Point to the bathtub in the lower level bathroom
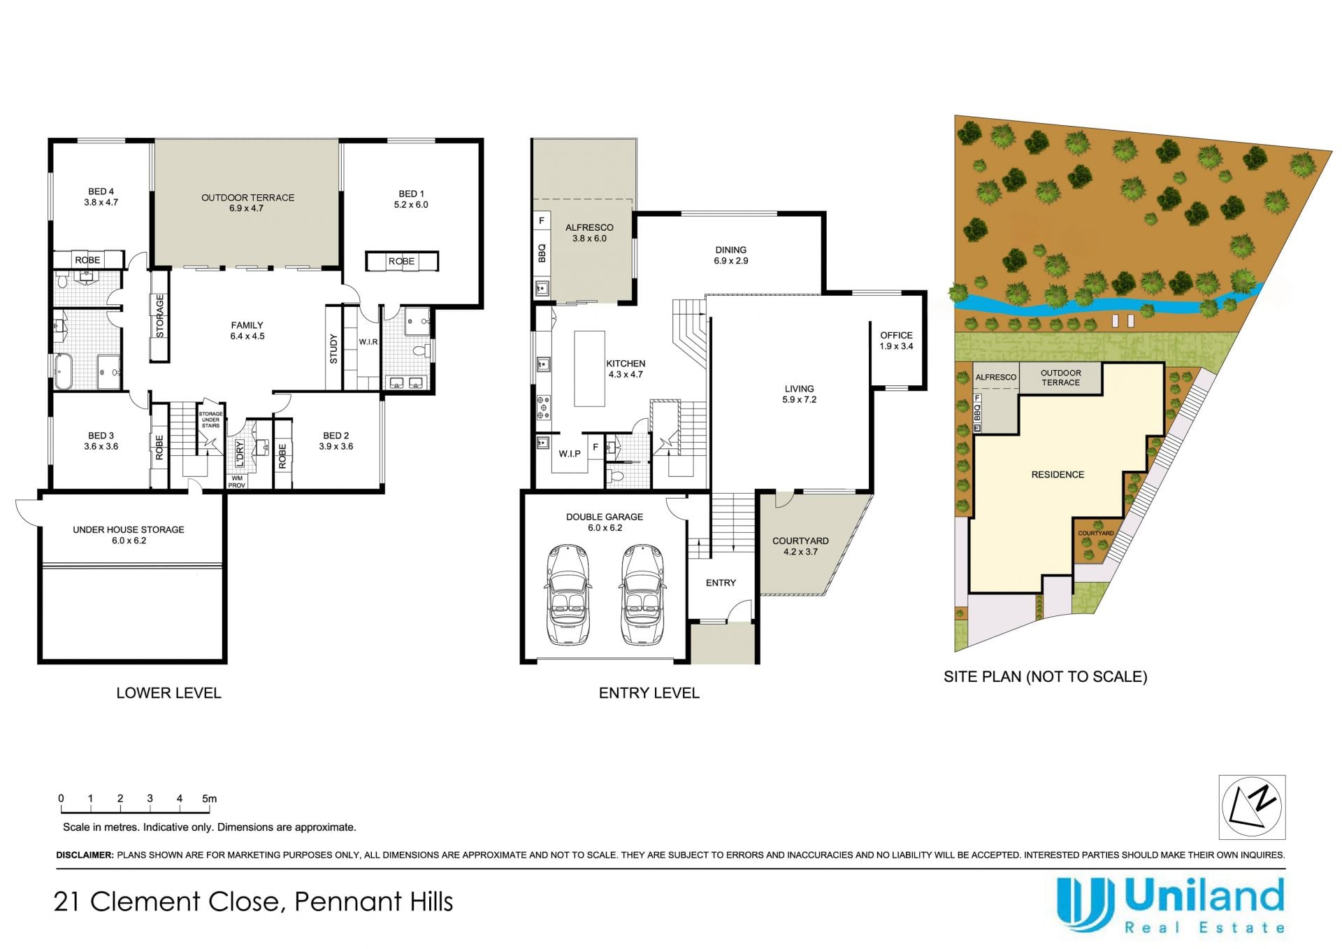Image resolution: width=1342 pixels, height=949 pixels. [64, 371]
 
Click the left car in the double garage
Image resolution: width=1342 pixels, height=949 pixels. [568, 594]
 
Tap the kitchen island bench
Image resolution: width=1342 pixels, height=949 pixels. [589, 369]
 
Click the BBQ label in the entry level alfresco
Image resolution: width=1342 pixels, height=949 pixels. [542, 252]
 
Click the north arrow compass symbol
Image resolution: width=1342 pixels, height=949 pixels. [1252, 806]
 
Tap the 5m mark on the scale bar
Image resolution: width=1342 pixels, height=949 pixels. [209, 799]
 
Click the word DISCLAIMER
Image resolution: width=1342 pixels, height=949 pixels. [84, 855]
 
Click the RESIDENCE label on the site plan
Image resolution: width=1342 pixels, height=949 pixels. [1058, 475]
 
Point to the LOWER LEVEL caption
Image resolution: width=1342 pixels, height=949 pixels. [168, 693]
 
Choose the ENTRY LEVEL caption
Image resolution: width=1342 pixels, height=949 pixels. [649, 693]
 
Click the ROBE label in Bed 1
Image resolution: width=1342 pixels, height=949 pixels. [402, 262]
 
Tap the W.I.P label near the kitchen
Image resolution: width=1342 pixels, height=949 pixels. [570, 454]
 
